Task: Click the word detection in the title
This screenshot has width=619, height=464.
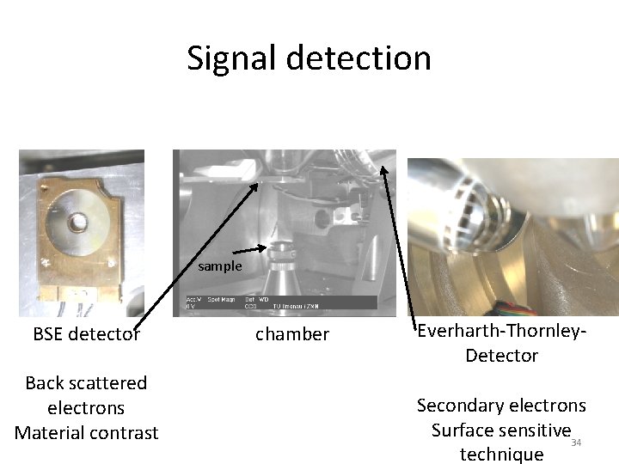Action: tap(359, 58)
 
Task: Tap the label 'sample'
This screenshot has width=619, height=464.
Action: tap(220, 266)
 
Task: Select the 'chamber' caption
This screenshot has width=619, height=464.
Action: tap(292, 334)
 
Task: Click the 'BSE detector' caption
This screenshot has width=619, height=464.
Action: tap(86, 334)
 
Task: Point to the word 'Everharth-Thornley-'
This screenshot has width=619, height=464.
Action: tap(502, 331)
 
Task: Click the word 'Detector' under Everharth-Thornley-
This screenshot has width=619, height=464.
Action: tap(502, 355)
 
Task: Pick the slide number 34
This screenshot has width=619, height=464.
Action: tap(576, 443)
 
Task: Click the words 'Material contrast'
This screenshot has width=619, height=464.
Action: tap(86, 432)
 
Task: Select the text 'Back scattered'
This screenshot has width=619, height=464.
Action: tap(86, 383)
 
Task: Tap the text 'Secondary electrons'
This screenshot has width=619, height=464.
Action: tap(501, 405)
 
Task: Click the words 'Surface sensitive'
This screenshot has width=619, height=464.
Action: tap(501, 430)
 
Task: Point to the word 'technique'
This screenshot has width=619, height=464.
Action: tap(501, 454)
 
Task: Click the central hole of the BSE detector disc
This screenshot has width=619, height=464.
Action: tap(78, 222)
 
